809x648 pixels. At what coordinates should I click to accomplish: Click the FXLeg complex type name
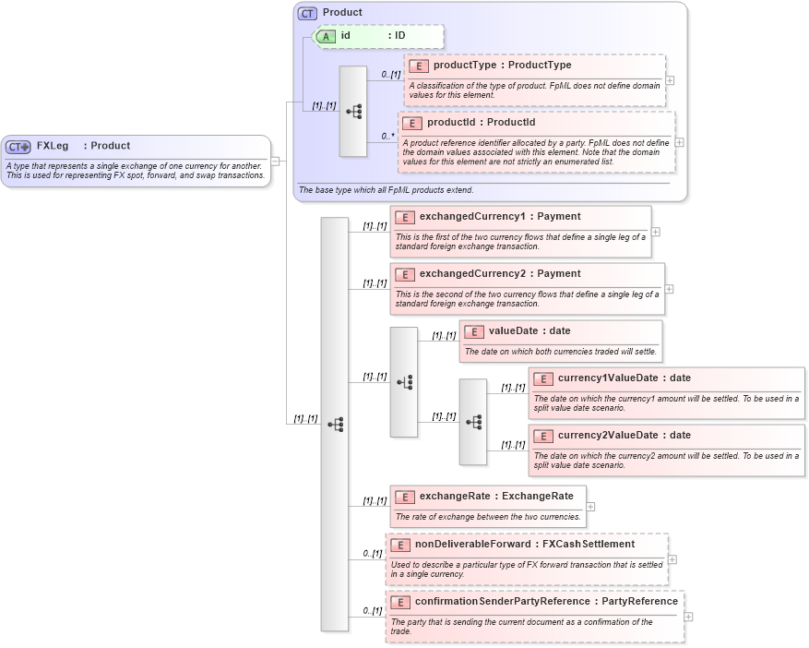[x=53, y=146]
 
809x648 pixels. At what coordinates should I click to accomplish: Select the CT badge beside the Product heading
[x=307, y=13]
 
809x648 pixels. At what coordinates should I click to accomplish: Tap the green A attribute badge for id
[x=326, y=36]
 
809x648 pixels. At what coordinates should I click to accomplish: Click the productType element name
[x=470, y=66]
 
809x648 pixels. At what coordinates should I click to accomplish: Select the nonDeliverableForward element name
[x=472, y=545]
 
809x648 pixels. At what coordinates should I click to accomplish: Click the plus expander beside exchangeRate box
[x=591, y=506]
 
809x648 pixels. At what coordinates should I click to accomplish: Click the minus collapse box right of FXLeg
[x=276, y=162]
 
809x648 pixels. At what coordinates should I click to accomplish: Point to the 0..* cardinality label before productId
[x=387, y=136]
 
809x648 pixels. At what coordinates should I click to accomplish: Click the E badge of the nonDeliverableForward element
[x=399, y=545]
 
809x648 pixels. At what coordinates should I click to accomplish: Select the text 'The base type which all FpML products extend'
[x=386, y=190]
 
